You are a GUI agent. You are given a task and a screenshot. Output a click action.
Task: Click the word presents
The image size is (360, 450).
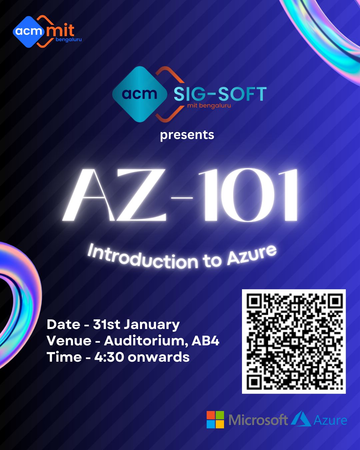(x=187, y=135)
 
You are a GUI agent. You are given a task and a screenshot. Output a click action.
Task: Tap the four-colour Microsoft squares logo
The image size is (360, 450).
(x=215, y=419)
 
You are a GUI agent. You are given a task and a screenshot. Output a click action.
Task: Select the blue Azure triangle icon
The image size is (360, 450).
(x=301, y=418)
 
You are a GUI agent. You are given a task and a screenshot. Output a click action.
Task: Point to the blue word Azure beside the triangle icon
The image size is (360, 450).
(x=330, y=420)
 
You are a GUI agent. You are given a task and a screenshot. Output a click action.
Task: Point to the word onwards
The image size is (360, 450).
(x=159, y=357)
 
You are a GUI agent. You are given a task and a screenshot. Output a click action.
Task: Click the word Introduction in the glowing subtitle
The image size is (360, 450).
(x=142, y=258)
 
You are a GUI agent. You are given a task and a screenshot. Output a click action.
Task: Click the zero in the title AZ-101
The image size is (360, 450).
(x=248, y=195)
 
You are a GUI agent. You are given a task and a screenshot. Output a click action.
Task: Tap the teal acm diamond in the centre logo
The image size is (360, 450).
(x=140, y=94)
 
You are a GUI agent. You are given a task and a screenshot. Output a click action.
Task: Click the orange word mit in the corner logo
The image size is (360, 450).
(x=60, y=31)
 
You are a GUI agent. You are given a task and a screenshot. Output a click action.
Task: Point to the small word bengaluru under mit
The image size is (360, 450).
(x=69, y=40)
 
